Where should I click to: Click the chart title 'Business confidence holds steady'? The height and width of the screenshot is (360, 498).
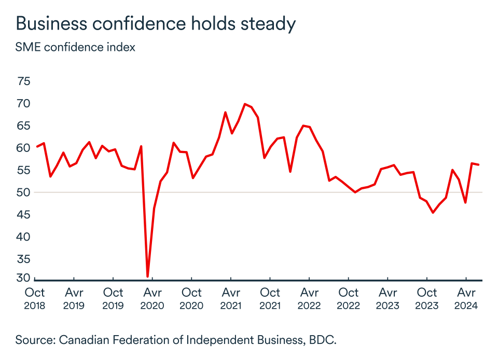[156, 24]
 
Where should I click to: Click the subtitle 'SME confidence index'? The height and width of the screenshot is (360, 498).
[75, 47]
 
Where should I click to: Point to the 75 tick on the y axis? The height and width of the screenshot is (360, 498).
[24, 81]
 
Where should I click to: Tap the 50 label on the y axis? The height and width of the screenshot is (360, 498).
[24, 192]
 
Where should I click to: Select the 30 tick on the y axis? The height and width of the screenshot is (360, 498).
[24, 278]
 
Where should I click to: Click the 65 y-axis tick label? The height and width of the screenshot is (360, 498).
[24, 126]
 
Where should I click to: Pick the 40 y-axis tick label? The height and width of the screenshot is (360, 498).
[24, 237]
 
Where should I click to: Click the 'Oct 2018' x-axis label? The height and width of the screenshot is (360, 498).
[35, 299]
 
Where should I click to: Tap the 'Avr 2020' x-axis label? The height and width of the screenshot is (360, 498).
[153, 299]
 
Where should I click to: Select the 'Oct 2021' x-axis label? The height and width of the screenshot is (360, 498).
[270, 299]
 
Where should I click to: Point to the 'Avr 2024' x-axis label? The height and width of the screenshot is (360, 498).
[466, 299]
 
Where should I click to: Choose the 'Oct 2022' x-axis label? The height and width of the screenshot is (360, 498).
[349, 299]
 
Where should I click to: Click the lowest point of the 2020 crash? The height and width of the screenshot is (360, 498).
[148, 276]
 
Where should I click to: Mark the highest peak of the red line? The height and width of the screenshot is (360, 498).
[245, 104]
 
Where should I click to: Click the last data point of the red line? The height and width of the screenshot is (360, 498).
[478, 165]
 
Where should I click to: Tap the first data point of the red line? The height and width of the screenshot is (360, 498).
[37, 146]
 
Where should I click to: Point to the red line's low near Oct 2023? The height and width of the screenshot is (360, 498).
[433, 213]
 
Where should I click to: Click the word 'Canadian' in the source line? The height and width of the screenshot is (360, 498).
[83, 340]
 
